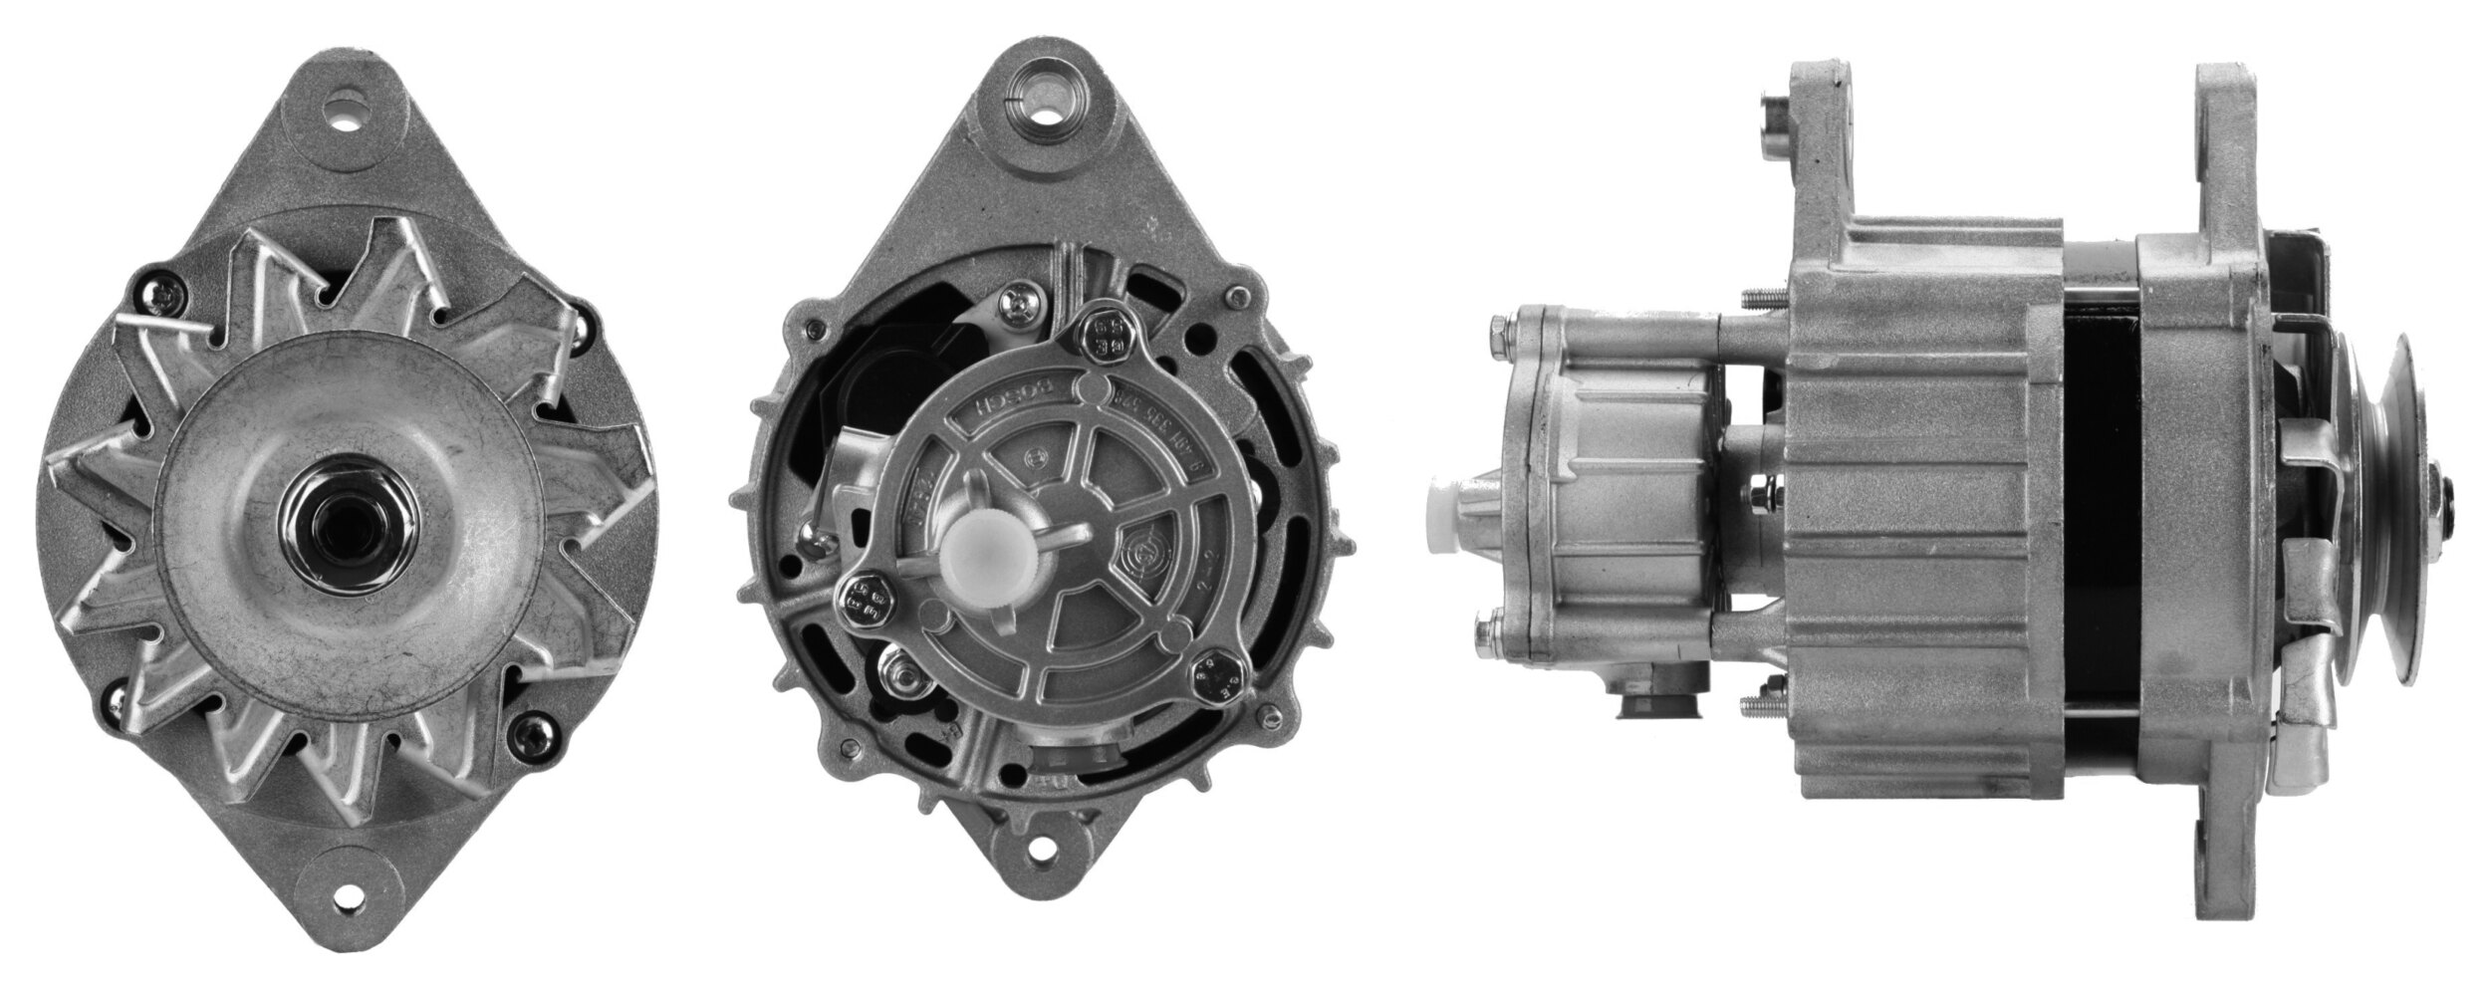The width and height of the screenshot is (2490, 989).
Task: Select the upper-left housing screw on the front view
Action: click(159, 290)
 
